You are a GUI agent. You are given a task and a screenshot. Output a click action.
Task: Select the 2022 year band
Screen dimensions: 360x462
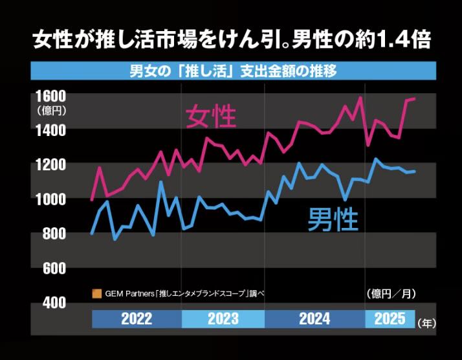(x=137, y=319)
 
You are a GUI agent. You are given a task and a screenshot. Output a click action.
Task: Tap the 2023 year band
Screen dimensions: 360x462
(x=223, y=319)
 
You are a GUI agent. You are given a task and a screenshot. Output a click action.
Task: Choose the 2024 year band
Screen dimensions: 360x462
(x=314, y=319)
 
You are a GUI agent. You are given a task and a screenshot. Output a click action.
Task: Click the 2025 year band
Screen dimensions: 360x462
(x=390, y=319)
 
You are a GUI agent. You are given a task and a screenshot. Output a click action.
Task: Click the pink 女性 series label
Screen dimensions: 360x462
(x=211, y=117)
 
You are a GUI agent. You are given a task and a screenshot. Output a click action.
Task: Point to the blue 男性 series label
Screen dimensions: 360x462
(x=332, y=218)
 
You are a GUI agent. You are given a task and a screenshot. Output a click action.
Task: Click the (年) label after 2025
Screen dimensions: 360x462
(x=427, y=321)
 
